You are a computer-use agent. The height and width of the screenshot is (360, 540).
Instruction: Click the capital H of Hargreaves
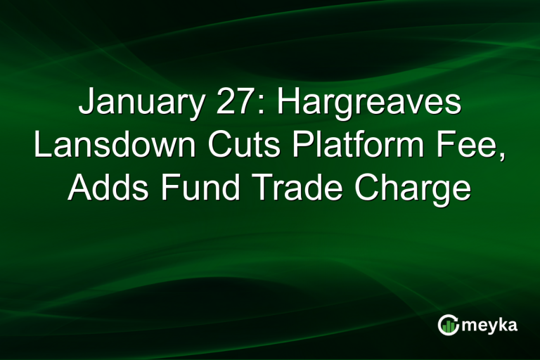pyautogui.click(x=290, y=103)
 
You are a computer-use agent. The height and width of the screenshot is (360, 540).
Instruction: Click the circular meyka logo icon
pyautogui.click(x=448, y=324)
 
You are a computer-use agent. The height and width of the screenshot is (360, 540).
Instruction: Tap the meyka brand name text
pyautogui.click(x=488, y=326)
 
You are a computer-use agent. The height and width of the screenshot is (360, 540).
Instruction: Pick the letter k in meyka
pyautogui.click(x=499, y=324)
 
